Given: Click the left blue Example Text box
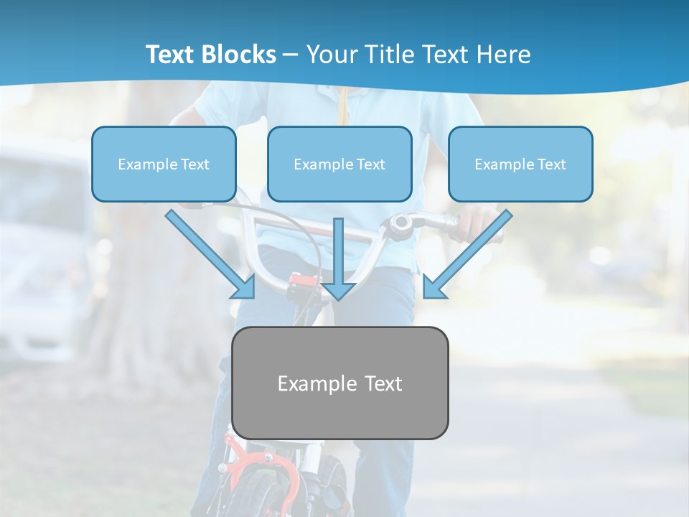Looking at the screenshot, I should pyautogui.click(x=164, y=164).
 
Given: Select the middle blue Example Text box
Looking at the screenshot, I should pyautogui.click(x=339, y=164).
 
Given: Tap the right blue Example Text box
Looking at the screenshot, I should pyautogui.click(x=520, y=164).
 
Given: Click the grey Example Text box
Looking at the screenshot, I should pyautogui.click(x=340, y=383).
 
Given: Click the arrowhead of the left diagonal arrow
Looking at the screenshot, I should pyautogui.click(x=244, y=287).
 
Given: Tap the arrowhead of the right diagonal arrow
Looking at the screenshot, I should pyautogui.click(x=433, y=287).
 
